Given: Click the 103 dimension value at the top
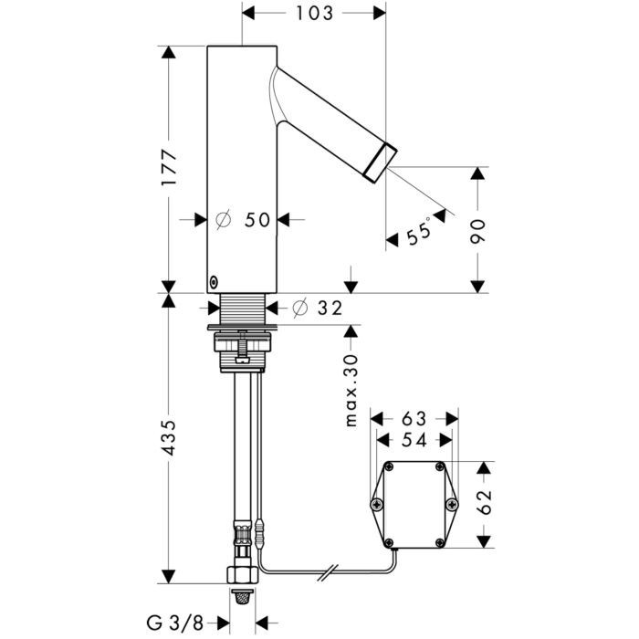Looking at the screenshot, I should point(314,14).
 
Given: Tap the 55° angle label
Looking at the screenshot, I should point(421,233).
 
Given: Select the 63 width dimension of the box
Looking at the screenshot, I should point(414,418).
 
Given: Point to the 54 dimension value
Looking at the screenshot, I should point(414,440).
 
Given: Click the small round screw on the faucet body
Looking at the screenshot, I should point(214,281).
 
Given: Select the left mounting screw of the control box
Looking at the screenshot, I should point(375,505).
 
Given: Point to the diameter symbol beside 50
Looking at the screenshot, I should point(222,220).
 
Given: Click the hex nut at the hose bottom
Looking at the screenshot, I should point(240,576).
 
